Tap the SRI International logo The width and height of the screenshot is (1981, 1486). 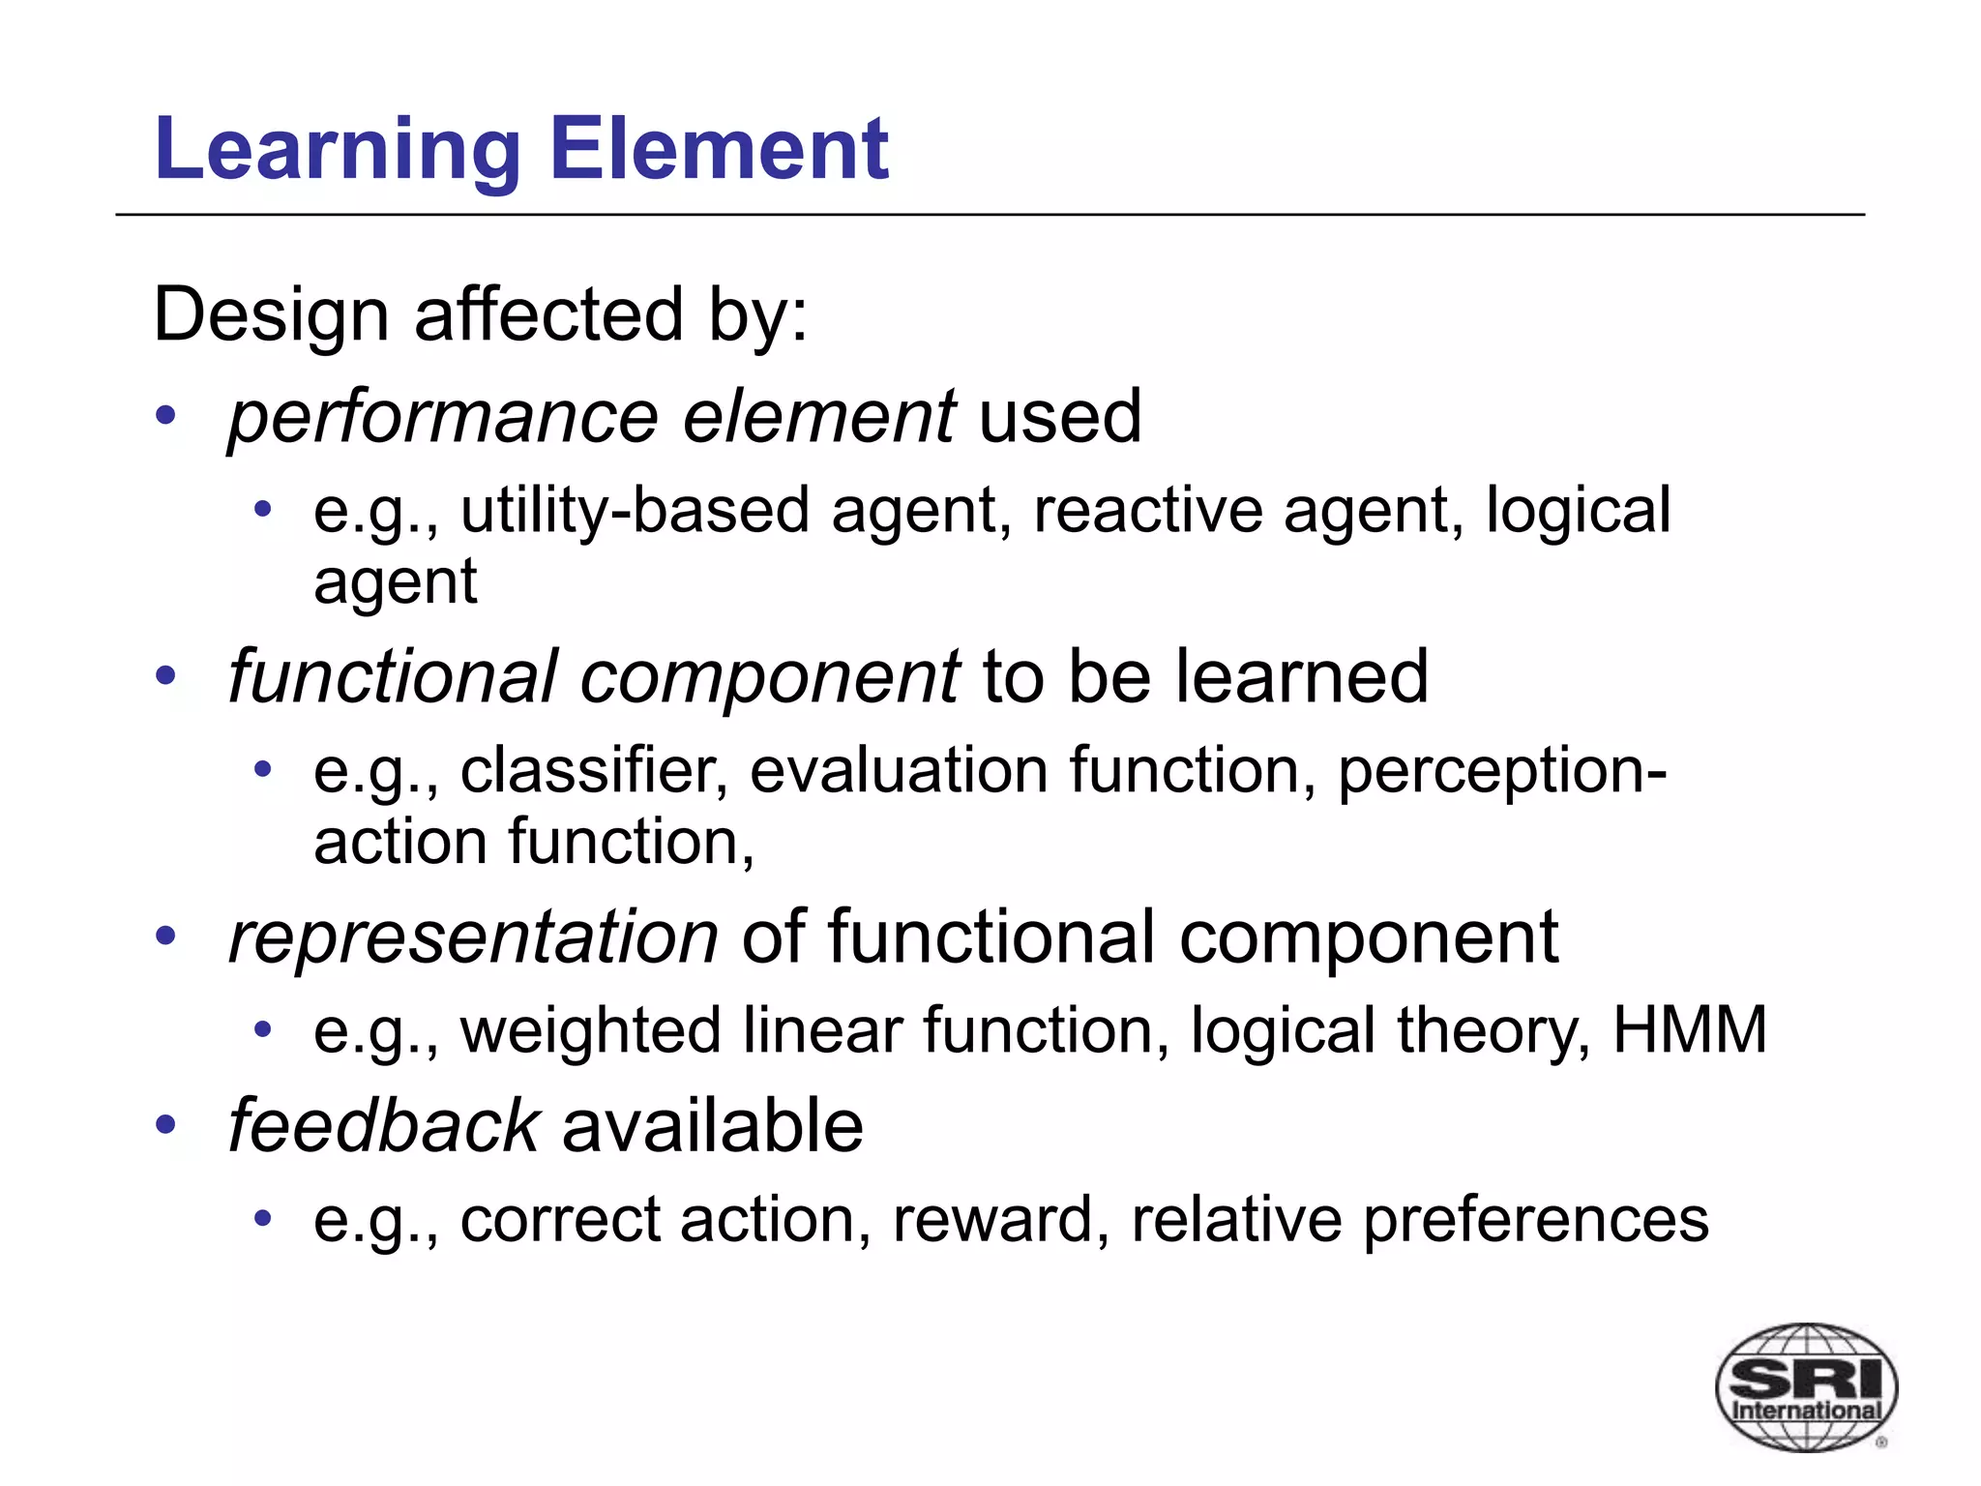[x=1805, y=1386]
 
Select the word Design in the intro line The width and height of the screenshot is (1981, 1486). [x=270, y=315]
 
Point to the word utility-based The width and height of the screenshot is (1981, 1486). [x=635, y=511]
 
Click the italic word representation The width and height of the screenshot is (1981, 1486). [x=473, y=936]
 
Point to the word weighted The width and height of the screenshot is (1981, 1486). [x=590, y=1029]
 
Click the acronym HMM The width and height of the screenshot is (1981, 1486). [x=1689, y=1029]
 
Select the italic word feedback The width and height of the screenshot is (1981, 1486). [x=383, y=1126]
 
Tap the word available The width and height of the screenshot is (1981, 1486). [x=712, y=1126]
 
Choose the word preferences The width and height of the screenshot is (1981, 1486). [x=1535, y=1221]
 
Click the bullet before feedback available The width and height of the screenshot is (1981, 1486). [x=166, y=1125]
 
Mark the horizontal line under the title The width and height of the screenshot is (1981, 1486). [x=990, y=215]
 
